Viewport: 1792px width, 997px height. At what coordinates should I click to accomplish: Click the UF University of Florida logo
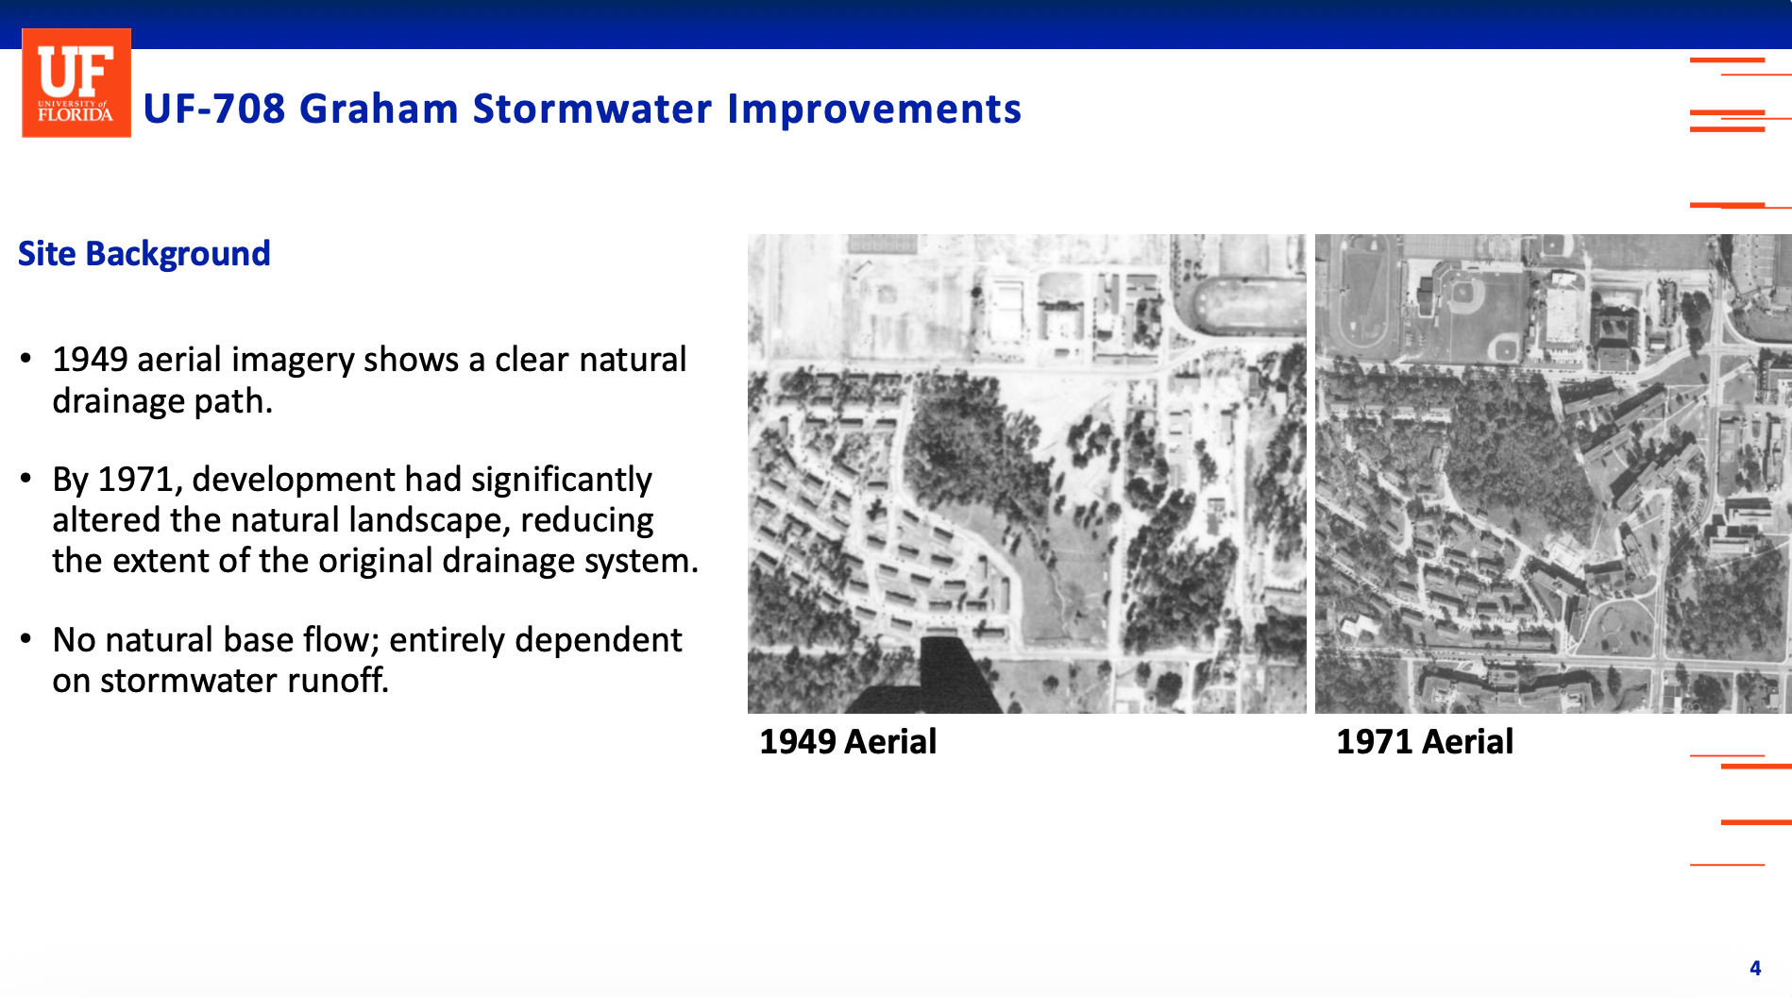coord(76,83)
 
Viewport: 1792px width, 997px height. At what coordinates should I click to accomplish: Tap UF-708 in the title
coord(214,109)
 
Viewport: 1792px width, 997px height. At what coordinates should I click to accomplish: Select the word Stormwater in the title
coord(593,109)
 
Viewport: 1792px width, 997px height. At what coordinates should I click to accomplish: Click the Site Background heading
coord(144,254)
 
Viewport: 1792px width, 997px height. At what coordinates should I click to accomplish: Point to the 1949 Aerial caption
coord(848,742)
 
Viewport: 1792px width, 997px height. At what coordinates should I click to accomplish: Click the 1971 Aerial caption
coord(1425,742)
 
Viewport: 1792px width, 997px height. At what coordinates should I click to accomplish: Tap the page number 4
coord(1755,969)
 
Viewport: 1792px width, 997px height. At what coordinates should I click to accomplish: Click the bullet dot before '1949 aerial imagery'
coord(26,359)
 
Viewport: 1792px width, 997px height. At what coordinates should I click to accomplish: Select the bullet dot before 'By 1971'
coord(26,479)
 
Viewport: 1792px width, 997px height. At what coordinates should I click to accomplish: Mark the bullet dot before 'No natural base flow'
coord(26,639)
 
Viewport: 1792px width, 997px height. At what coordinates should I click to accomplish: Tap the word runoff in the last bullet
coord(338,680)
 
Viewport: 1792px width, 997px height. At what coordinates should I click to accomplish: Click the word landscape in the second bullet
coord(441,521)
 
